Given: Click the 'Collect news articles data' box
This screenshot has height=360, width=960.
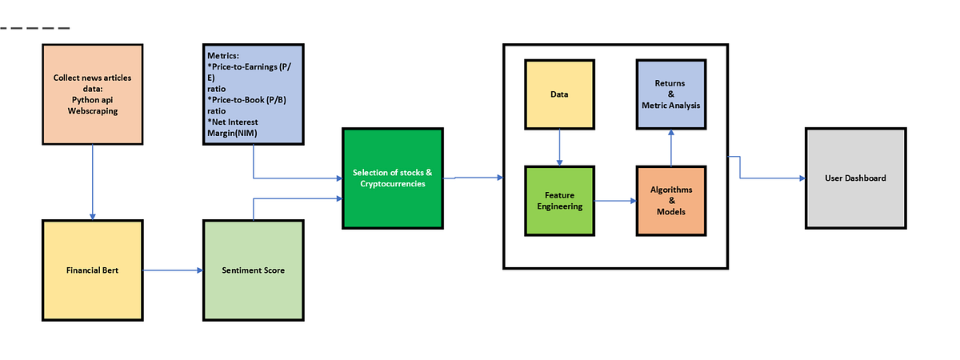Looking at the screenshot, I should click(x=93, y=94).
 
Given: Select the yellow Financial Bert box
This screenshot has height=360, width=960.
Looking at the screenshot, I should click(x=93, y=270).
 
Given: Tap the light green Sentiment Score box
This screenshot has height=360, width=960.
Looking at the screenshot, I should click(x=253, y=270).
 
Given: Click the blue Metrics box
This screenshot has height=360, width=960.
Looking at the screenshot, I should click(x=254, y=94).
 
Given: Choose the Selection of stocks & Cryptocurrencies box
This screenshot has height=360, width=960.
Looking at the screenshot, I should click(x=392, y=178).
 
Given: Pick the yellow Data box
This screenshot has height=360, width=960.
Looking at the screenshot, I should click(x=559, y=94).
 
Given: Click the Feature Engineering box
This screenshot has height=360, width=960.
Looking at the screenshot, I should click(x=559, y=201).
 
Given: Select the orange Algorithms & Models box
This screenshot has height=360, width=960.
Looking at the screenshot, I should click(x=671, y=201).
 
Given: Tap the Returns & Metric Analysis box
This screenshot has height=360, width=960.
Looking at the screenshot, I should click(x=670, y=94).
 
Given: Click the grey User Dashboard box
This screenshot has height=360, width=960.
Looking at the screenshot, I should click(x=855, y=178).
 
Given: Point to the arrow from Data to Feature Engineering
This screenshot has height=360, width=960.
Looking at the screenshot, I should click(x=559, y=147).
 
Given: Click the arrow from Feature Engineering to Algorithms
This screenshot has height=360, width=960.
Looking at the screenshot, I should click(x=615, y=202).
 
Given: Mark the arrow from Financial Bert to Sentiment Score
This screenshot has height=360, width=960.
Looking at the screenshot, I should click(x=173, y=270).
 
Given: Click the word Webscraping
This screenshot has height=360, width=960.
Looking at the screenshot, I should click(x=93, y=111).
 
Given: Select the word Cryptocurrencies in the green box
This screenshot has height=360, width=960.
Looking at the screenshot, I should click(x=393, y=184).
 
